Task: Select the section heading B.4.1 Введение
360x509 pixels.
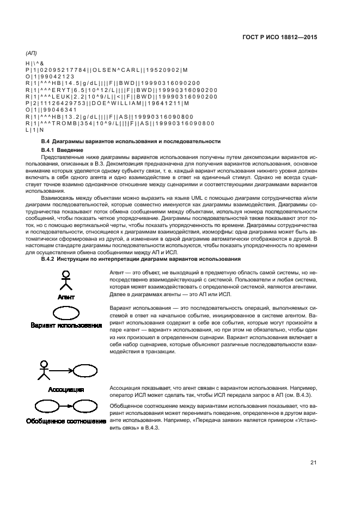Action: (x=62, y=149)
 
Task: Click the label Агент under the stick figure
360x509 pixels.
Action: (x=66, y=297)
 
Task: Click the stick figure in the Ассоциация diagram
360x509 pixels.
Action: (x=43, y=370)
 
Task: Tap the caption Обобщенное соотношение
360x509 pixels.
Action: (x=66, y=421)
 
